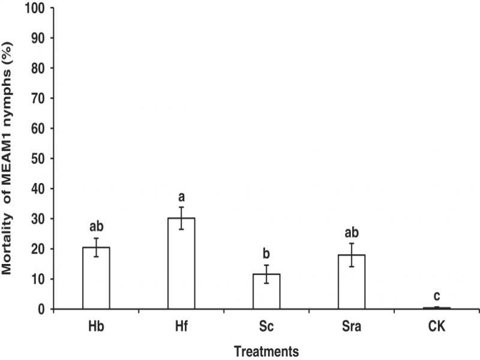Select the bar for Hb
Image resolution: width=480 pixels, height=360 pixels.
96,278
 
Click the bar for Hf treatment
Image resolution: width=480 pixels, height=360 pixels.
181,263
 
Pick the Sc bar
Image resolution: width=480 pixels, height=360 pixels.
266,292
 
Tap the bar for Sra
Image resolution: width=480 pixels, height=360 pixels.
352,281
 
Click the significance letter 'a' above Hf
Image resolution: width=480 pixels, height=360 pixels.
182,197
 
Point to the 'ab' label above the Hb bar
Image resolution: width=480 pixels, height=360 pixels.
97,227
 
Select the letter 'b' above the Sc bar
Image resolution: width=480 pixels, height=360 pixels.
266,253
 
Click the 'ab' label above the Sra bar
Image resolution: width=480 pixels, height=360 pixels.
352,233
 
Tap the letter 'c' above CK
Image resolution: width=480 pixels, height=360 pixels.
437,296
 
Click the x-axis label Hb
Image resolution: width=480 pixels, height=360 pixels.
96,326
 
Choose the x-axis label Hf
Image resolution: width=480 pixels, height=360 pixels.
181,326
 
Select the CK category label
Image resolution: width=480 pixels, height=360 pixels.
437,326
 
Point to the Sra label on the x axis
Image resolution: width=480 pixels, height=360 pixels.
352,326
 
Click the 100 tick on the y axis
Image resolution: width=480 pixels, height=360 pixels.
35,8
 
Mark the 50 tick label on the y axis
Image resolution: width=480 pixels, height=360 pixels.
38,158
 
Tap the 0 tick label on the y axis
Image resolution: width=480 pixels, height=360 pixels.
41,310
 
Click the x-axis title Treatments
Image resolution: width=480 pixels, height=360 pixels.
266,352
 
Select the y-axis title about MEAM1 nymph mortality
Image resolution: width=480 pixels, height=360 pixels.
7,158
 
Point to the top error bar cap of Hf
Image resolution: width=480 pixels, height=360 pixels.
181,207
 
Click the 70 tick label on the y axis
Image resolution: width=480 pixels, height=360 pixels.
38,98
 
